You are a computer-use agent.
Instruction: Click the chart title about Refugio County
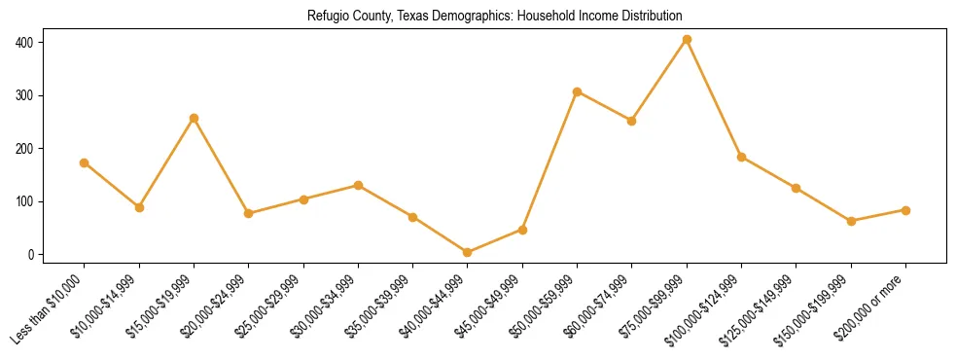[x=494, y=17]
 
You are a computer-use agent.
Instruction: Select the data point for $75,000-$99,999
[x=687, y=40]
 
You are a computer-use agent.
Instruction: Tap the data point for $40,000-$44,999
[x=468, y=252]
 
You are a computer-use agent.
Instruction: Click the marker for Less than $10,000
[x=85, y=162]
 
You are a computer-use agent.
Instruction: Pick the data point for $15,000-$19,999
[x=194, y=119]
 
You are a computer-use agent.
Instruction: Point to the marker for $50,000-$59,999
[x=577, y=92]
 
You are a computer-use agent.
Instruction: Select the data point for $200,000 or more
[x=905, y=210]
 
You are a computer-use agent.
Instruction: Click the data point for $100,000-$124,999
[x=741, y=157]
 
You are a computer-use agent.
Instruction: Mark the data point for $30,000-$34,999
[x=358, y=185]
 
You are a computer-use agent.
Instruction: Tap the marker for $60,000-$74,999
[x=632, y=121]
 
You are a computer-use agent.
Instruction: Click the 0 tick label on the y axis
[x=32, y=255]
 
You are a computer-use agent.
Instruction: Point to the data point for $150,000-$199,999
[x=851, y=221]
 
